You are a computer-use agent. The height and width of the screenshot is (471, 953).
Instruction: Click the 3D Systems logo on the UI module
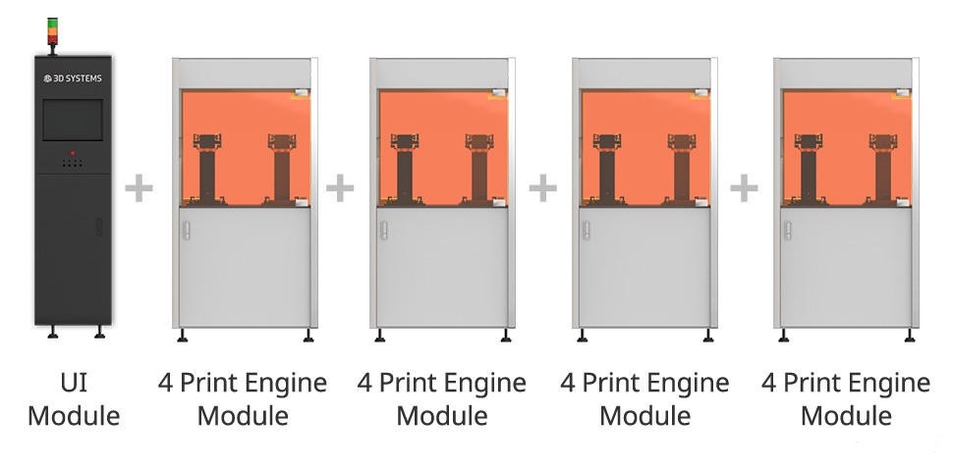[73, 78]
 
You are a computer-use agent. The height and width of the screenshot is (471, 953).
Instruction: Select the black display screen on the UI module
[73, 121]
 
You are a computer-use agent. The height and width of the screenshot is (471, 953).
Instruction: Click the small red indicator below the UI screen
[73, 154]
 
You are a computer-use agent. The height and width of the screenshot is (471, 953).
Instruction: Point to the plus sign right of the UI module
[140, 186]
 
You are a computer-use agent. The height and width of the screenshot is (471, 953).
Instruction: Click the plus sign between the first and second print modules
[339, 186]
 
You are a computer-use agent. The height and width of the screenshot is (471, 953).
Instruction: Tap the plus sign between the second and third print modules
[542, 186]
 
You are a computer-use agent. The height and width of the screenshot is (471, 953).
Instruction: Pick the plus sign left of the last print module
[744, 186]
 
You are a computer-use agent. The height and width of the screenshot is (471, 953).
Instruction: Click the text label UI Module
[74, 398]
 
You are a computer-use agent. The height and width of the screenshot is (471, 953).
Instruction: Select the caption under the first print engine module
[243, 398]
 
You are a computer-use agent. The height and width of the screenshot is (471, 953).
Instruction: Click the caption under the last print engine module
[846, 398]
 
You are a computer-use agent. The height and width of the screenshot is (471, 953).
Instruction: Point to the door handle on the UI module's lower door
[98, 228]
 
